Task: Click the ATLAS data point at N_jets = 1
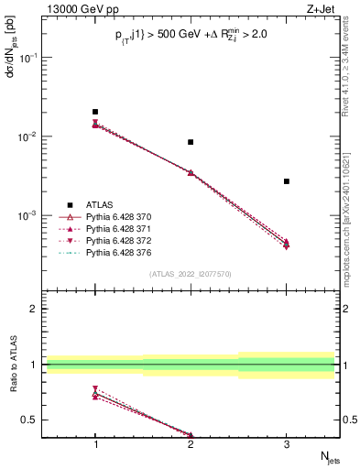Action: tap(95, 112)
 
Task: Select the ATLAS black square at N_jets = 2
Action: tap(191, 142)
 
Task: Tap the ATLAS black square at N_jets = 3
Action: tap(287, 181)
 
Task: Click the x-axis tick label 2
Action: tap(191, 444)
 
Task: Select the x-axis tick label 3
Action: tap(287, 444)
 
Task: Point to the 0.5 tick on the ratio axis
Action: tap(33, 420)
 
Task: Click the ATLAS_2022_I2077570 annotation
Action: tap(191, 273)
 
